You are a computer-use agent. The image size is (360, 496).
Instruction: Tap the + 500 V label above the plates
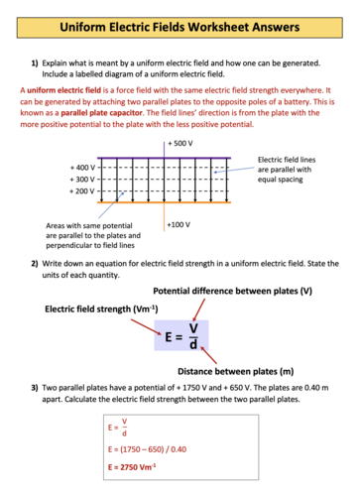coord(180,144)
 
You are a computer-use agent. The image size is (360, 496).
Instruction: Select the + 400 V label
coord(83,167)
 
